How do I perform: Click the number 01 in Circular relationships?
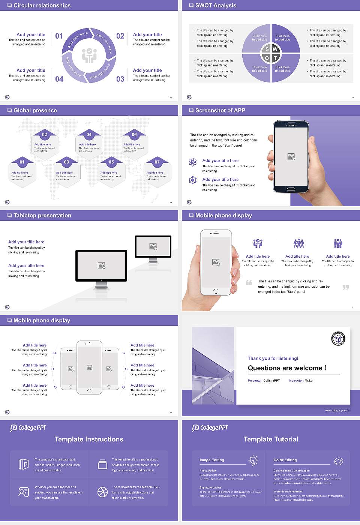(59, 36)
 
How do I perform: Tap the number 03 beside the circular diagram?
(120, 79)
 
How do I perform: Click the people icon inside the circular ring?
(89, 55)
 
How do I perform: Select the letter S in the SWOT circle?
(267, 49)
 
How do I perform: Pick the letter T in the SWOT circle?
(275, 58)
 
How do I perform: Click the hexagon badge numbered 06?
(134, 135)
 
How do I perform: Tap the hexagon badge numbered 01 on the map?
(22, 162)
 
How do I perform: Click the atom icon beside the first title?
(193, 162)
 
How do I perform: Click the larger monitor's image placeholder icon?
(101, 265)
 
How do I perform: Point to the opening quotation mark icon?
(249, 282)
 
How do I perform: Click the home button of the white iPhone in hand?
(216, 291)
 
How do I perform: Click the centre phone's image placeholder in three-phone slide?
(89, 367)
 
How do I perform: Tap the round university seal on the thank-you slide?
(338, 339)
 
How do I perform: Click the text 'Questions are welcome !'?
(287, 368)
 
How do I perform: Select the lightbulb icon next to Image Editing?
(253, 460)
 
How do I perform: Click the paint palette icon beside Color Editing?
(338, 461)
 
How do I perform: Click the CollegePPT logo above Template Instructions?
(28, 427)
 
